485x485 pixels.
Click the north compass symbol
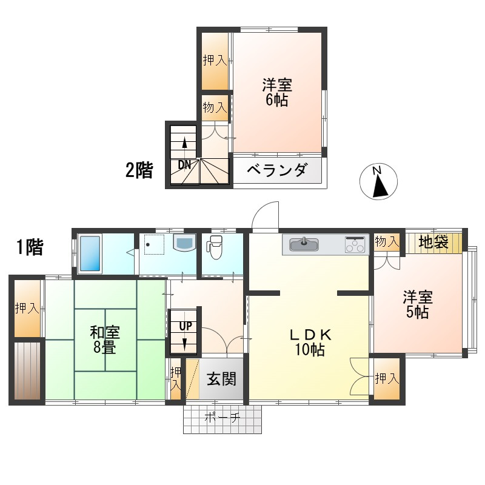pos(378,182)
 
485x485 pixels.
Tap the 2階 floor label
pos(139,170)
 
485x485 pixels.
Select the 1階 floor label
pos(29,247)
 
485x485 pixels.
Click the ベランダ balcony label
pos(277,170)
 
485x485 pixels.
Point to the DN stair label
pos(184,164)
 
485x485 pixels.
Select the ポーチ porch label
pos(222,417)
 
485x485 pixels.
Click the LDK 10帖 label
pos(309,341)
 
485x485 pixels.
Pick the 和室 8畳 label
pos(105,339)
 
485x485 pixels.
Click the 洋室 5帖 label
pos(418,304)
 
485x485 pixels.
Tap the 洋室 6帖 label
pos(276,92)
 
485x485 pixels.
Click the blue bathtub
pos(89,253)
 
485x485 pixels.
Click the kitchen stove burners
pos(355,244)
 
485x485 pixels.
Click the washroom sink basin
pos(183,244)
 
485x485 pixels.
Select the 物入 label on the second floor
pos(215,108)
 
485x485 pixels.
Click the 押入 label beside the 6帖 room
pos(215,60)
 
